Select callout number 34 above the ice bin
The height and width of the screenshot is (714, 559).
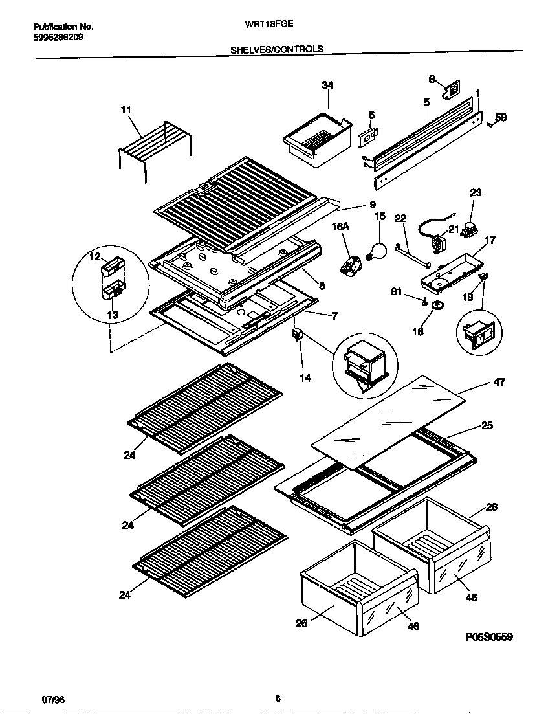[x=327, y=85]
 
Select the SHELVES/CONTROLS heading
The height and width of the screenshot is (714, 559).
[x=277, y=49]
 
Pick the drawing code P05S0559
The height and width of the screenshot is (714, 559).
[x=488, y=638]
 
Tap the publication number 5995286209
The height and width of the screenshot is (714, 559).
[x=58, y=38]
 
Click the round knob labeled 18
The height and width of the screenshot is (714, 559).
[x=439, y=306]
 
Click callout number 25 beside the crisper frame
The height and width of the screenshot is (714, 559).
[x=487, y=426]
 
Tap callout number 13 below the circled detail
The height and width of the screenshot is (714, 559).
[x=112, y=315]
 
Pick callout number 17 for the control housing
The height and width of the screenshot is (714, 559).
[x=490, y=241]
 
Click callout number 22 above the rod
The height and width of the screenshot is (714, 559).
[x=400, y=219]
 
